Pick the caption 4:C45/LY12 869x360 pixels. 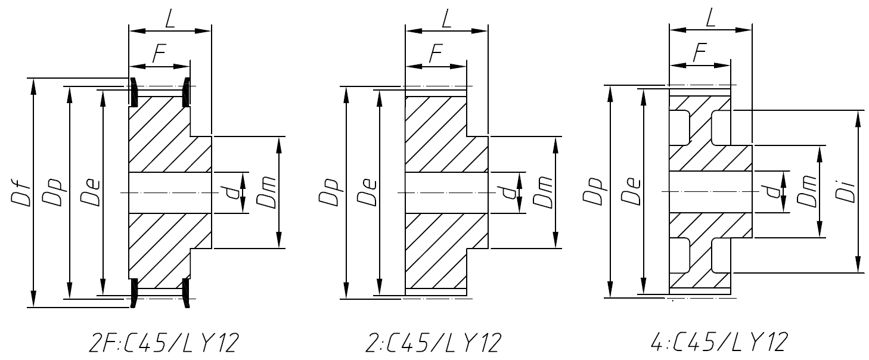pyautogui.click(x=710, y=343)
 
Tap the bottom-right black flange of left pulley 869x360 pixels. pyautogui.click(x=187, y=293)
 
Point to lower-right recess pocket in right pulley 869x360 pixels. pyautogui.click(x=721, y=255)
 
